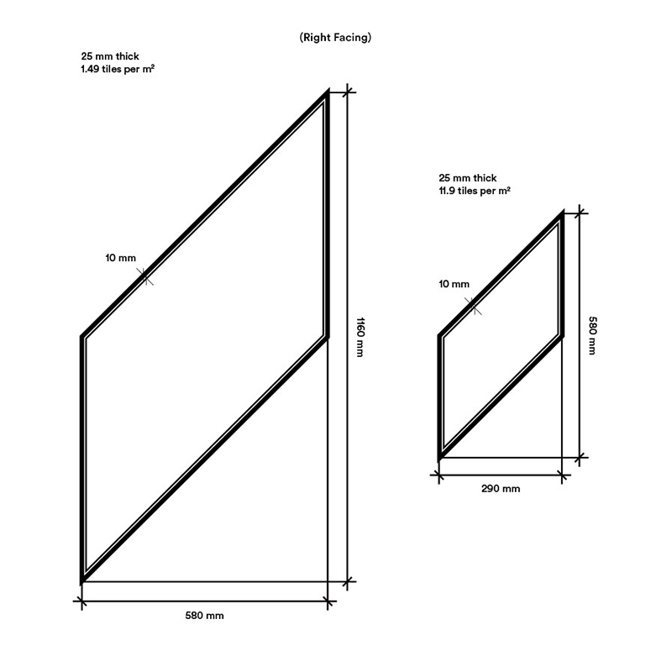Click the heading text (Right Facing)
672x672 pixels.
335,38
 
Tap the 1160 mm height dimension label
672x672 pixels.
360,337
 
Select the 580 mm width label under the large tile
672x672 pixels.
204,616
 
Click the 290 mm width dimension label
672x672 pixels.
501,489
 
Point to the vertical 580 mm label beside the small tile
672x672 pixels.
592,335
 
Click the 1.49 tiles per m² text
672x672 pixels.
118,69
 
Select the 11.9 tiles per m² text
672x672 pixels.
475,191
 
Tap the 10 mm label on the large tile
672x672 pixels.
120,258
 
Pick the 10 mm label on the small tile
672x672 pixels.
454,284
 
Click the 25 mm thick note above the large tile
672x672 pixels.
110,56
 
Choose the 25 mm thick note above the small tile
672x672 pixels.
468,178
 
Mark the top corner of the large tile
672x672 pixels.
328,90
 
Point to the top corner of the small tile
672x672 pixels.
563,211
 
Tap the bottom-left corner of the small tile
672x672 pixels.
438,460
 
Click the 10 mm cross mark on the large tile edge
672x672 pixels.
144,276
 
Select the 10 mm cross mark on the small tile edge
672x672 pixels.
474,306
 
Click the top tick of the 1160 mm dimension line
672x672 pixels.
347,92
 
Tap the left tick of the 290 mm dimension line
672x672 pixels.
438,475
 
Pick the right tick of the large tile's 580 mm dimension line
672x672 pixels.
328,601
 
